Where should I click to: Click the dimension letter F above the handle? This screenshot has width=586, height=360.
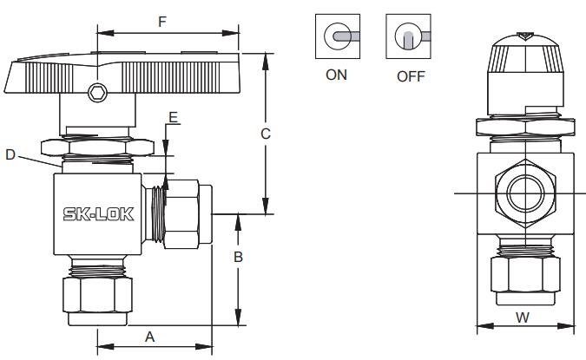[161, 22]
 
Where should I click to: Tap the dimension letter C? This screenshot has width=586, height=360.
[266, 134]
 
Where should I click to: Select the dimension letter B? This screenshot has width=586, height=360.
[238, 257]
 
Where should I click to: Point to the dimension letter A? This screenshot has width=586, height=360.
[149, 337]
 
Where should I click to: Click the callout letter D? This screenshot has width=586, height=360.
[10, 154]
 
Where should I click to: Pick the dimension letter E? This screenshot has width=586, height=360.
[173, 118]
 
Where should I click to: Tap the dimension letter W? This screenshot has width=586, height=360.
[523, 317]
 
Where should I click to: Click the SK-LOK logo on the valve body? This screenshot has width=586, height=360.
[99, 214]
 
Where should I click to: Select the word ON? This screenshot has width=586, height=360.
[336, 75]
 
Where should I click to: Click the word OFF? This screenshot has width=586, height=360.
[411, 76]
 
